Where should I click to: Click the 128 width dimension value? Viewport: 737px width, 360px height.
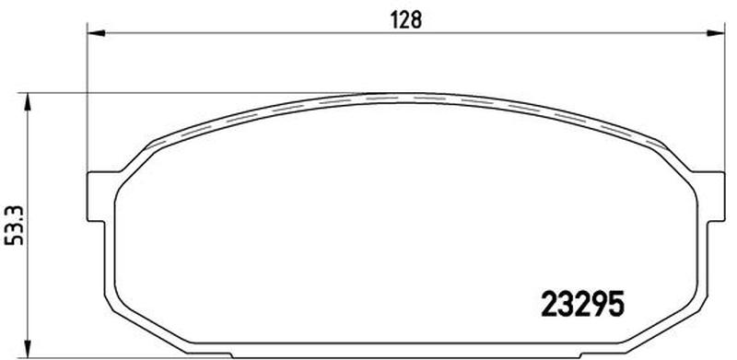(x=406, y=19)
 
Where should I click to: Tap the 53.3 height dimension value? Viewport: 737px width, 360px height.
(x=15, y=226)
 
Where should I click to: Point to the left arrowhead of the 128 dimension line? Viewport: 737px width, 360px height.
(x=96, y=33)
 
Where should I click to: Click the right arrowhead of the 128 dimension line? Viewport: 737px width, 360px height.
(x=717, y=33)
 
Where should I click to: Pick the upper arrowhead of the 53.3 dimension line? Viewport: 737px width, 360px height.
(x=28, y=101)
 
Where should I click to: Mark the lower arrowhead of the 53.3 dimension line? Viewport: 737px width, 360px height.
(x=28, y=350)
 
